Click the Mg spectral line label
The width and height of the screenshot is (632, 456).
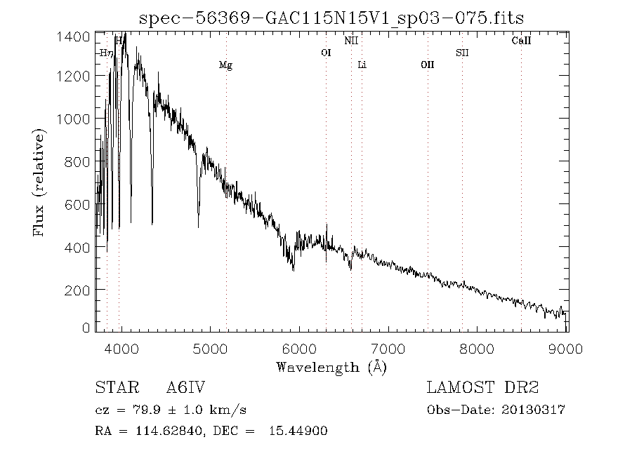[x=225, y=65]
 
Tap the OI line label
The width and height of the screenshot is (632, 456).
[x=326, y=53]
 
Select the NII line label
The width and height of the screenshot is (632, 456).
[x=351, y=41]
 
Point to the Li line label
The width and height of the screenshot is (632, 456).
[x=362, y=65]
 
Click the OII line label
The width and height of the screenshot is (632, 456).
[x=427, y=65]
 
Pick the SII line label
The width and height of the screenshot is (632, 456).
[x=462, y=53]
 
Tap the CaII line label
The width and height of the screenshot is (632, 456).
[x=521, y=41]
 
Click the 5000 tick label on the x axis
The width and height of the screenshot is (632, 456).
[x=210, y=348]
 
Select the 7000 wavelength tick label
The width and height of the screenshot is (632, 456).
[x=388, y=348]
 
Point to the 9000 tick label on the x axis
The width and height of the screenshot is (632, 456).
[x=567, y=348]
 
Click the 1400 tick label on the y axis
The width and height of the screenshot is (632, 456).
[x=72, y=36]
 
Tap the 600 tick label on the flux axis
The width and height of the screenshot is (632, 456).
[x=77, y=205]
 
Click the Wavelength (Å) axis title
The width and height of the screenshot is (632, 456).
[x=331, y=367]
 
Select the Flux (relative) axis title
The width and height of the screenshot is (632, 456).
[x=40, y=182]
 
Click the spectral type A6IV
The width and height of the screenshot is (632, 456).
[x=185, y=388]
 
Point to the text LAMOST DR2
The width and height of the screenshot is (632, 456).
[x=483, y=388]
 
